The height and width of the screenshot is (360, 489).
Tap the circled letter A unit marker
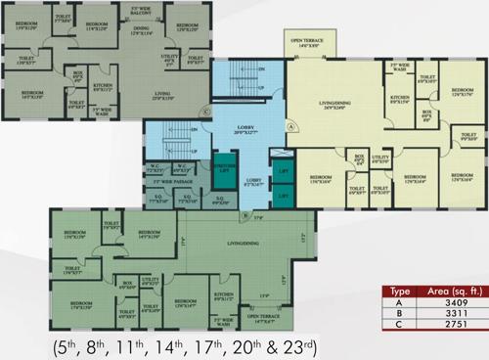290,126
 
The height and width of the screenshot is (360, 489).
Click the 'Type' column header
399,292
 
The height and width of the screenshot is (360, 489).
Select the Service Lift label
225,168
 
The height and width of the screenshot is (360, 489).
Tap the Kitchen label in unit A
400,101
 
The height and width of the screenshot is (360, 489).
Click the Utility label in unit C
170,60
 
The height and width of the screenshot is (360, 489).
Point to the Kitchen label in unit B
224,296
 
